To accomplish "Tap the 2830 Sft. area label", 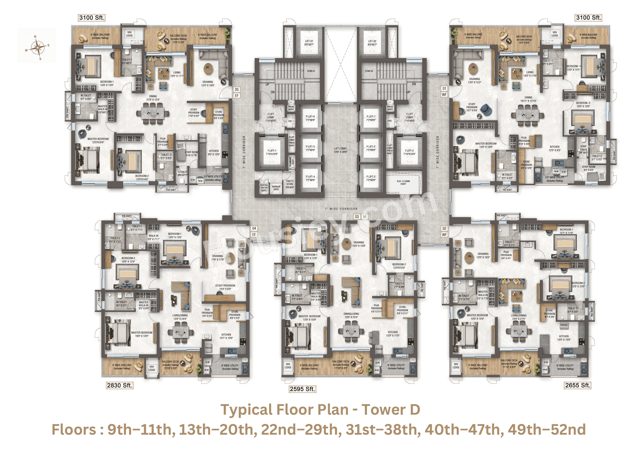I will tap(120, 385).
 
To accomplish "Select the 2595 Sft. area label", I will tap(302, 389).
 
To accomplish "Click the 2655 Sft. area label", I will tap(578, 385).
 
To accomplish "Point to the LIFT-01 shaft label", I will tap(309, 43).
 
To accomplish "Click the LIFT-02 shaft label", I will tap(372, 43).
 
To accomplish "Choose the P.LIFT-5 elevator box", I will tap(310, 148).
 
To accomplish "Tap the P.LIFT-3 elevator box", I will tap(371, 178).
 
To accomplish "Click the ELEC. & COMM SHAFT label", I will tap(403, 182).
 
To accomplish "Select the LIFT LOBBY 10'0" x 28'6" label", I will tap(340, 150).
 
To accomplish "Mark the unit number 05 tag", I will tap(237, 90).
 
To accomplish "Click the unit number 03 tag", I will tap(357, 217).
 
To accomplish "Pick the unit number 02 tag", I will tap(444, 229).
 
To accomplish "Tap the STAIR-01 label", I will tap(311, 71).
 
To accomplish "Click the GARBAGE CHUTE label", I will tap(276, 188).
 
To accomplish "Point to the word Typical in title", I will tap(246, 410).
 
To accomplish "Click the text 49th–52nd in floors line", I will tap(547, 429).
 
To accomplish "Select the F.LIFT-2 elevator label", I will tap(409, 152).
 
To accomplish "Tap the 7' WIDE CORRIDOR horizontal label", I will tap(341, 209).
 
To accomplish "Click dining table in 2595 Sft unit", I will tap(351, 331).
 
